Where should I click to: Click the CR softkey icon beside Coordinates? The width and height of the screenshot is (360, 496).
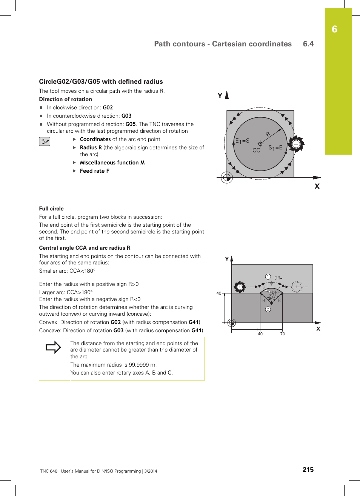45,141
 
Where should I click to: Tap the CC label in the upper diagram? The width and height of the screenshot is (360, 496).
256,150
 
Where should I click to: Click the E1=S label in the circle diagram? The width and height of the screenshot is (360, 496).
242,141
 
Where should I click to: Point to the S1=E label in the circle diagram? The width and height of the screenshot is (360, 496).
275,148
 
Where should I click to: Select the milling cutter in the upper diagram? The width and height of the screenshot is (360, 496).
296,144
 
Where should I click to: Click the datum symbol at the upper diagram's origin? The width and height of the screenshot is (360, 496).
227,177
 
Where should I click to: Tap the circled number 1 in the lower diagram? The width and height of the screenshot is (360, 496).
268,277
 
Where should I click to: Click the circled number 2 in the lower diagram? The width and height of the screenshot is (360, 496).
268,309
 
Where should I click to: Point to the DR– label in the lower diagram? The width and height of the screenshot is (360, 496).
278,278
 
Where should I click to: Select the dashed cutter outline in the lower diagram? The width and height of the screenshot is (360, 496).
297,287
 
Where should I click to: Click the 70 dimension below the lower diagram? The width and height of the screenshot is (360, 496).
283,334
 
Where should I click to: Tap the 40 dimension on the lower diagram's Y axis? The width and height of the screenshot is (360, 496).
219,293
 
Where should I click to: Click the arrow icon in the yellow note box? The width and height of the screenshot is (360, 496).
53,347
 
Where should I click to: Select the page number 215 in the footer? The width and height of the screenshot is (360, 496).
308,470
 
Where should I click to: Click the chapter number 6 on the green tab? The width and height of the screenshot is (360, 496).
334,29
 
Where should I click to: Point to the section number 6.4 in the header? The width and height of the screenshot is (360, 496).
308,44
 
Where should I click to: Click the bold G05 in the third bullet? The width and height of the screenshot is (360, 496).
131,124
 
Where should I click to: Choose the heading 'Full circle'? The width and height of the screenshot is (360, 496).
51,209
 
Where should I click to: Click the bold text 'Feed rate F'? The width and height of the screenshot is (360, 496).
94,171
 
